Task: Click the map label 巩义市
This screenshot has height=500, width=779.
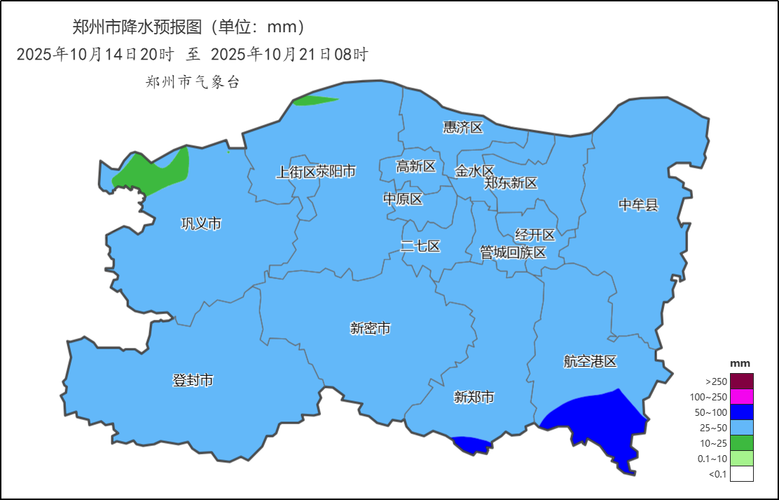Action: pyautogui.click(x=201, y=224)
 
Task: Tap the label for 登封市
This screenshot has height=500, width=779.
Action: pyautogui.click(x=193, y=381)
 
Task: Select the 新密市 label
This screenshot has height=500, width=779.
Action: pyautogui.click(x=370, y=328)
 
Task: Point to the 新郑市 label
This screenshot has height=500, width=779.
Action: pyautogui.click(x=474, y=398)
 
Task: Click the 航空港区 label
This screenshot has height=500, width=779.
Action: pyautogui.click(x=590, y=362)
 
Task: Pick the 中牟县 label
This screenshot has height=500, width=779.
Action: pyautogui.click(x=638, y=205)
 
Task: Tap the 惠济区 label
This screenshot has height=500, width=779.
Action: pyautogui.click(x=463, y=127)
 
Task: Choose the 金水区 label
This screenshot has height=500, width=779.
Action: pyautogui.click(x=474, y=170)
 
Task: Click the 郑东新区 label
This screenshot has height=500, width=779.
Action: pyautogui.click(x=511, y=183)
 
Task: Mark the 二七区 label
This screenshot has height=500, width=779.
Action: pyautogui.click(x=420, y=246)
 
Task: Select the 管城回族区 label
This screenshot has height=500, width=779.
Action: pyautogui.click(x=513, y=252)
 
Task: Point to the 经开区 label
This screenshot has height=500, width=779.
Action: pyautogui.click(x=535, y=235)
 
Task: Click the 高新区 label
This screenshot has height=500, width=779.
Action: pyautogui.click(x=415, y=166)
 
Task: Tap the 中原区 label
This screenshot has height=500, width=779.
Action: pyautogui.click(x=403, y=199)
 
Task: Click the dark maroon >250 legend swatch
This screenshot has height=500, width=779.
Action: pyautogui.click(x=741, y=381)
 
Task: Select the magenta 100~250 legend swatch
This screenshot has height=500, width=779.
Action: pyautogui.click(x=741, y=396)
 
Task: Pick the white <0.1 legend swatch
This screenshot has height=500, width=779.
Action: pyautogui.click(x=741, y=474)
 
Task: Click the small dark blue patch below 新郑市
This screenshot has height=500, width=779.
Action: pyautogui.click(x=470, y=444)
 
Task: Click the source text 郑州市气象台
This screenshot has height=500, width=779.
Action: pyautogui.click(x=193, y=82)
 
